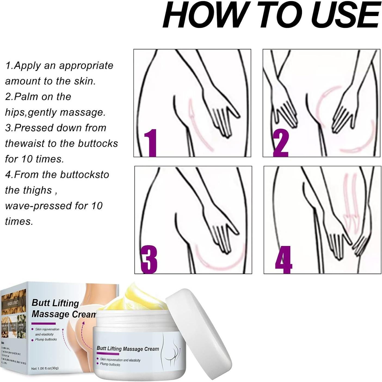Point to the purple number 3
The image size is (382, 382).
tap(149, 259)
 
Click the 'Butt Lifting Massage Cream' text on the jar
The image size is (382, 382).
tap(128, 349)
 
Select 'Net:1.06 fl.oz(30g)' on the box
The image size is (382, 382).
tap(45, 368)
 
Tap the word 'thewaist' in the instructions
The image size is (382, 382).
tap(24, 144)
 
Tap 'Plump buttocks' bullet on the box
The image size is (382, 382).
tap(46, 339)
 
